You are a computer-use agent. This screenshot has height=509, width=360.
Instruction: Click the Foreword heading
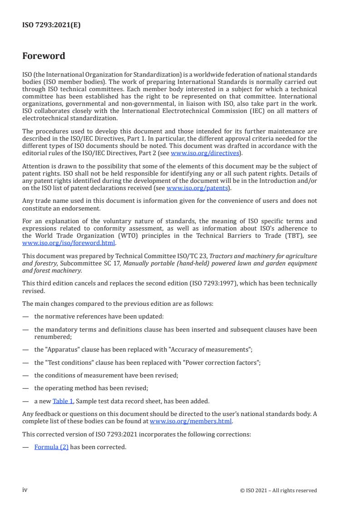click(44, 56)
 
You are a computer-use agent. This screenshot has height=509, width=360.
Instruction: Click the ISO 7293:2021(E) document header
click(51, 25)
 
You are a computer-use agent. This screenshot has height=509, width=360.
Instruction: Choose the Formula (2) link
click(51, 447)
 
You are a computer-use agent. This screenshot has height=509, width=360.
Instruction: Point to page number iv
click(25, 489)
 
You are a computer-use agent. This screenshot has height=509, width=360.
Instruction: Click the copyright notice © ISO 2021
click(278, 490)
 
